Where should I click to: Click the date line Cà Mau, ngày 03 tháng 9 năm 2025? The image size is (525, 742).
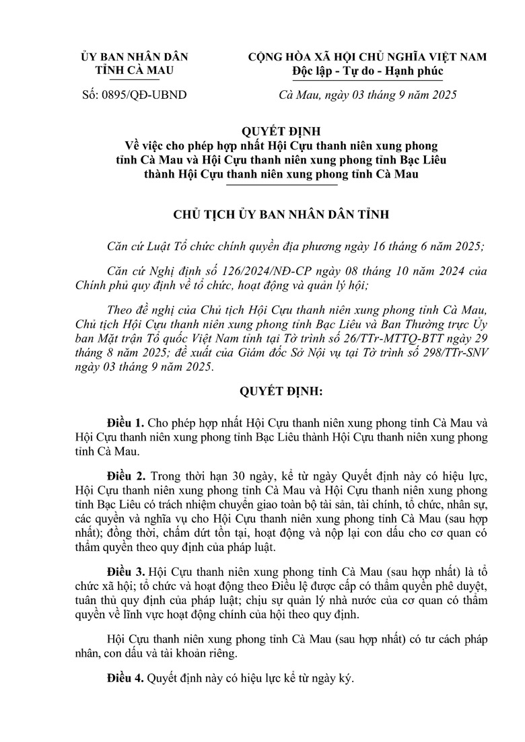(x=367, y=95)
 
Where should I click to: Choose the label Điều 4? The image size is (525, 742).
(x=125, y=679)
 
